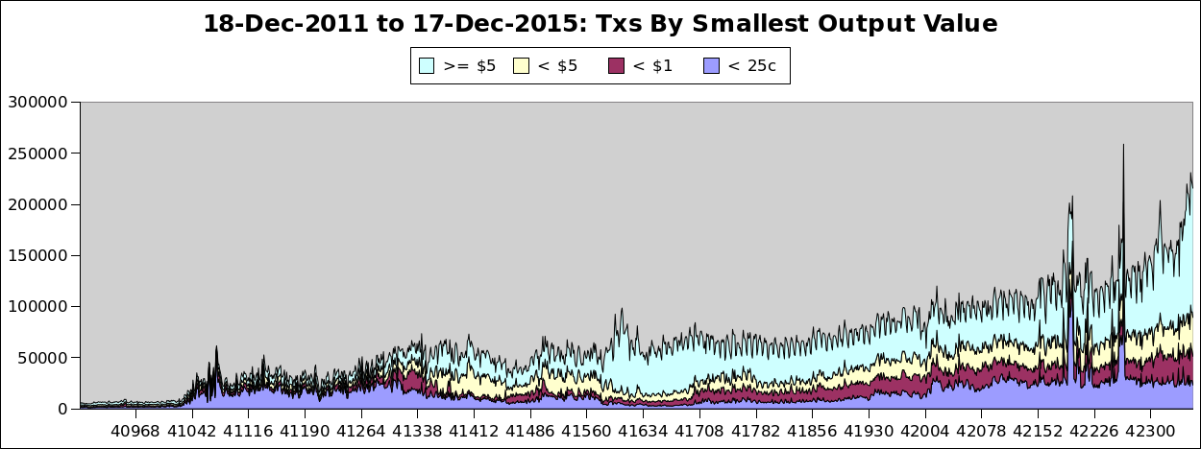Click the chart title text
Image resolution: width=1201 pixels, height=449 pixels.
click(600, 24)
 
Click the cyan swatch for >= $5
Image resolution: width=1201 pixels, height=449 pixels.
click(427, 65)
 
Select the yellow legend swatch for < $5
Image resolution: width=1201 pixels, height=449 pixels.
click(522, 65)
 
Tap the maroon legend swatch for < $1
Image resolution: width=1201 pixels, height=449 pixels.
click(616, 65)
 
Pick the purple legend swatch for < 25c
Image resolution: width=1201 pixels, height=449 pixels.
click(711, 65)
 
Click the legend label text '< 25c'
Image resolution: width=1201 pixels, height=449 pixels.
click(752, 65)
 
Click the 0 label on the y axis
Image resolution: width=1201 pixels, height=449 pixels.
click(62, 409)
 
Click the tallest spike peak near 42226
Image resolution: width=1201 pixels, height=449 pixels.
click(1123, 146)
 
